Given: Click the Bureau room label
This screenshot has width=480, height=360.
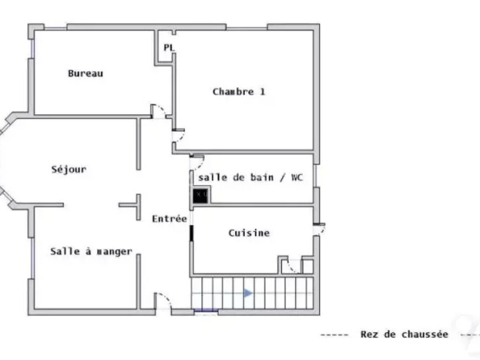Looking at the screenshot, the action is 85,73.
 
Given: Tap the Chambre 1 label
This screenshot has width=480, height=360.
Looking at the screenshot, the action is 239,92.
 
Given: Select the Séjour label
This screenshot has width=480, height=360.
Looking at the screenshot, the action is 69,169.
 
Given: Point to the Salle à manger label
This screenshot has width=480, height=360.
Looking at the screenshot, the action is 91,252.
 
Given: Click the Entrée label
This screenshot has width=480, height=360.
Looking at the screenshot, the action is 169,219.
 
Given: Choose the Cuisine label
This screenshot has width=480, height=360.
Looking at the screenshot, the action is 249,233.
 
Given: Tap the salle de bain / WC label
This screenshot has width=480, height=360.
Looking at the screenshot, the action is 251,178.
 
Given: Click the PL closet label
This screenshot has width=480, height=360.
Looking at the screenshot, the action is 168,48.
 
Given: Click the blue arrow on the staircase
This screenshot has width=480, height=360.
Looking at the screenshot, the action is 248,293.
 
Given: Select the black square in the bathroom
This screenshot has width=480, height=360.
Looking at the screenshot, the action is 201,196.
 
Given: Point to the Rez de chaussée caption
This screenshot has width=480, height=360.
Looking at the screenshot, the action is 404,335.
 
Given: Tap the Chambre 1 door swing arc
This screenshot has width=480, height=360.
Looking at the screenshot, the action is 181,137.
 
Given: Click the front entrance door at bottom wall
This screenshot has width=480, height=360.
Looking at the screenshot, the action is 164,301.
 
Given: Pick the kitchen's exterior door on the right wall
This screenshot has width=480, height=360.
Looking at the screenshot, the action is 320,230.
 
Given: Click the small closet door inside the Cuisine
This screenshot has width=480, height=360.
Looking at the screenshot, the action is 292,266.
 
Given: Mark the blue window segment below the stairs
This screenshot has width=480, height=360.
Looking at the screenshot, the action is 206,312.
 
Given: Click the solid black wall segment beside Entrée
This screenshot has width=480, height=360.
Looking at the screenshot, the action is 192,233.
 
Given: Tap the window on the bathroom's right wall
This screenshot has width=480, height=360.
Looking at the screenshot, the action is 316,176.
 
